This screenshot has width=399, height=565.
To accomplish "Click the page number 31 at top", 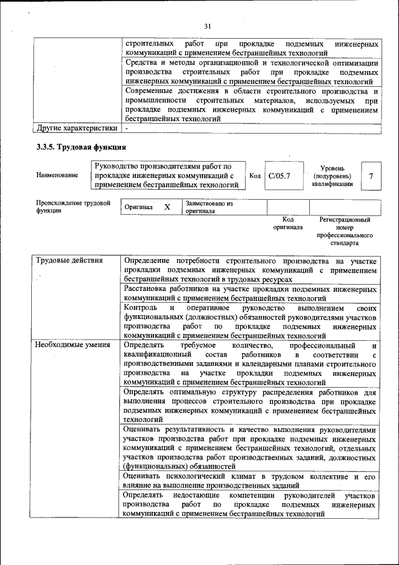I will pyautogui.click(x=208, y=26).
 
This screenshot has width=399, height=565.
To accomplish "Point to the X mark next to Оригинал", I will pyautogui.click(x=167, y=207).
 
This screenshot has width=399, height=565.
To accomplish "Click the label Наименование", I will pyautogui.click(x=57, y=175).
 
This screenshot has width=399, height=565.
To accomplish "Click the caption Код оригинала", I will pyautogui.click(x=287, y=224).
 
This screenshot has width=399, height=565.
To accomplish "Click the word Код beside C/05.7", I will pyautogui.click(x=254, y=176).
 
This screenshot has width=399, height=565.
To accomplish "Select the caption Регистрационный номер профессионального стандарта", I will pyautogui.click(x=345, y=232).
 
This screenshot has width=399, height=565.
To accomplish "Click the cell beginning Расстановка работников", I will pyautogui.click(x=250, y=294).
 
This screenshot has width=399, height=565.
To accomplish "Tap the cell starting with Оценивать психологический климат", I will pyautogui.click(x=250, y=481).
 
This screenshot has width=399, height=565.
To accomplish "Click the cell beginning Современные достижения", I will pyautogui.click(x=250, y=104).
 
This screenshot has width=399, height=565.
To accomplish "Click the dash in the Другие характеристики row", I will pyautogui.click(x=127, y=128).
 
